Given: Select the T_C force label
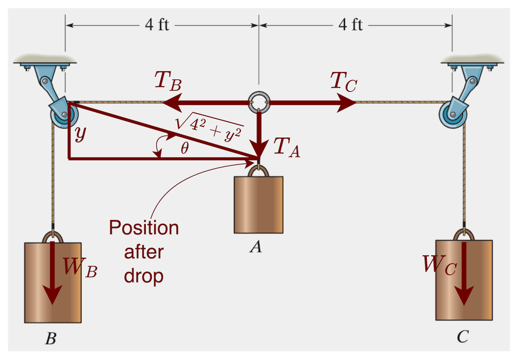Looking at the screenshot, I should click(343, 83).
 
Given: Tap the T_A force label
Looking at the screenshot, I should click(286, 149).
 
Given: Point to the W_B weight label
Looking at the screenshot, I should click(80, 267).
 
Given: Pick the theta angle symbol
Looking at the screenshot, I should click(184, 149).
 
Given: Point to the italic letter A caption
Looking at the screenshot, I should click(256, 248).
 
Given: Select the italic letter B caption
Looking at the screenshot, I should click(50, 339).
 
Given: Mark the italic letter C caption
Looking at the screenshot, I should click(462, 337).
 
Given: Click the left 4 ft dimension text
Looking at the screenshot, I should click(157, 25).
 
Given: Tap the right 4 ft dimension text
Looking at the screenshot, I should click(351, 25).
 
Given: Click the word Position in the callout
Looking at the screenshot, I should click(144, 228).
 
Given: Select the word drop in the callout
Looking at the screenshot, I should click(144, 276).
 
